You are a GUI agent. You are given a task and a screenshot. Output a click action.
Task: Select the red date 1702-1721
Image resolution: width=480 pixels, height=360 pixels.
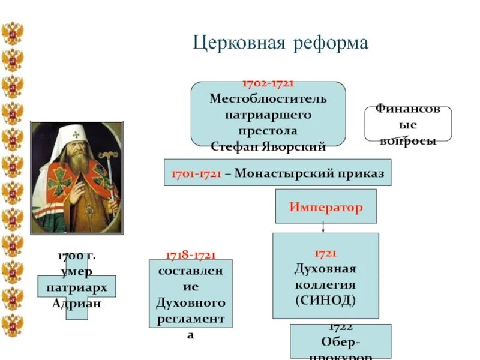tap(268, 84)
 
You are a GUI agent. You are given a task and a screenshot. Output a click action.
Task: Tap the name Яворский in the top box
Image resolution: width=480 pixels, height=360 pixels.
tap(296, 146)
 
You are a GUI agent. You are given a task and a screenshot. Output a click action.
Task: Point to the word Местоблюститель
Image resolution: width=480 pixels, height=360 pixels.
tap(268, 98)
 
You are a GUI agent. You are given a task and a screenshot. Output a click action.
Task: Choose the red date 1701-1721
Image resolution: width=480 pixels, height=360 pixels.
tap(196, 173)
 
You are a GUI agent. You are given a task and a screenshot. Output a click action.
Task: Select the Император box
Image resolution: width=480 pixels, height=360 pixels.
tap(326, 207)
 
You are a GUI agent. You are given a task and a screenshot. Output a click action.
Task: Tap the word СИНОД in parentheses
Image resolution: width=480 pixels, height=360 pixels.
tap(325, 299)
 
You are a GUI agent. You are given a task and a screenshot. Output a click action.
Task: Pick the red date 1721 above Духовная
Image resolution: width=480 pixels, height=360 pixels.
tap(325, 254)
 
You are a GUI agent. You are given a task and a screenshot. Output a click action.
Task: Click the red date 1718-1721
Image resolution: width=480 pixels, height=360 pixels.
tap(190, 256)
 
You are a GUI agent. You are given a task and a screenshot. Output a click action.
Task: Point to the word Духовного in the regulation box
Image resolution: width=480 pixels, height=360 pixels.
tap(190, 302)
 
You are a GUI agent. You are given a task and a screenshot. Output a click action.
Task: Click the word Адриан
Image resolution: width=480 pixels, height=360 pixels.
tap(77, 303)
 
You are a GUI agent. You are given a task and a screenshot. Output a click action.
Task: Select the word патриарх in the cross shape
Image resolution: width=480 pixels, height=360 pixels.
tap(77, 287)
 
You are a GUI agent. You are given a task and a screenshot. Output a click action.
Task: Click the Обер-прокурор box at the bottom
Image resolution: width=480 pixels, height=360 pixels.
tap(340, 343)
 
